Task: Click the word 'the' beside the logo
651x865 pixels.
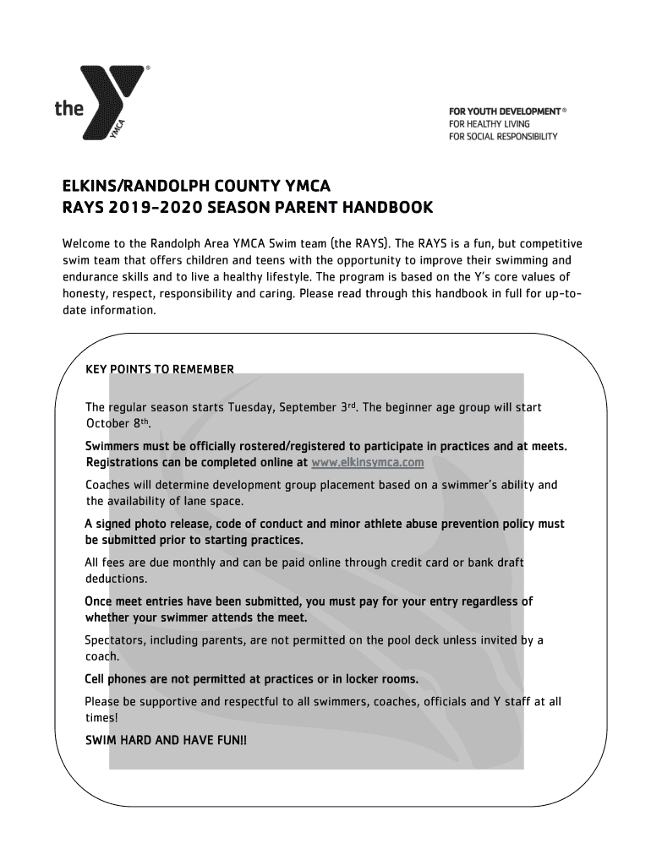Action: click(x=69, y=108)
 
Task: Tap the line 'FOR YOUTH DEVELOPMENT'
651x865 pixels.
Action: click(x=504, y=112)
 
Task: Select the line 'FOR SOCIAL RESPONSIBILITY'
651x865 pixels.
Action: click(x=502, y=137)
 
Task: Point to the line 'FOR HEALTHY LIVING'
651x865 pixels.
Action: click(x=489, y=124)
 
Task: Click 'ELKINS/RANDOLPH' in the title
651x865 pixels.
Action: click(x=125, y=185)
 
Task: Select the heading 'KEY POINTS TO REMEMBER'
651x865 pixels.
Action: click(x=160, y=369)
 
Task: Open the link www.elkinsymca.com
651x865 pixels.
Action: click(x=367, y=463)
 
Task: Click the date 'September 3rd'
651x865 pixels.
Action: click(x=313, y=407)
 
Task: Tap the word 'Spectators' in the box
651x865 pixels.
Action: click(x=115, y=640)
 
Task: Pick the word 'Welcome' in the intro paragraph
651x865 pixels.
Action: click(x=90, y=244)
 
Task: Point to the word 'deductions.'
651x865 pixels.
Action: click(x=116, y=579)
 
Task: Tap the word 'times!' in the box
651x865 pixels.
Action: click(x=101, y=717)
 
